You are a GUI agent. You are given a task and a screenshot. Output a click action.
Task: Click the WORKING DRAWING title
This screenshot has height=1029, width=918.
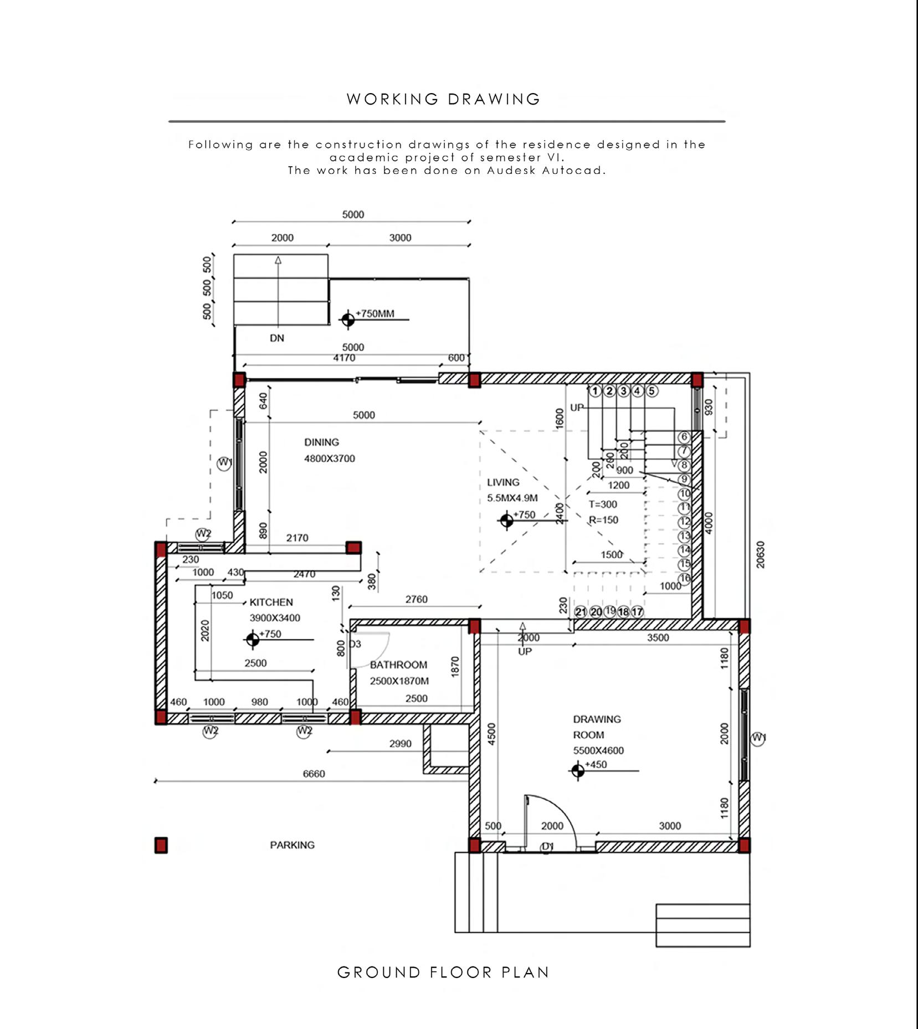[x=443, y=99]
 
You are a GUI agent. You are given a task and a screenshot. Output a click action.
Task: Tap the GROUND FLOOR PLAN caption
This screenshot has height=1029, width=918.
[x=443, y=973]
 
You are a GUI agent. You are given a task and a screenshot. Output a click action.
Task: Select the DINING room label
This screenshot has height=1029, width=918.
[x=321, y=442]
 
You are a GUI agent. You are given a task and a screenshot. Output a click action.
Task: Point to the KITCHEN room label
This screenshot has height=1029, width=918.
[x=271, y=602]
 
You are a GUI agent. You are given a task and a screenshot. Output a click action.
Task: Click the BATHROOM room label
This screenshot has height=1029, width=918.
[x=398, y=665]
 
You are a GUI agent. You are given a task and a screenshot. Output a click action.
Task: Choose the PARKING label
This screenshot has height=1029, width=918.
[x=292, y=845]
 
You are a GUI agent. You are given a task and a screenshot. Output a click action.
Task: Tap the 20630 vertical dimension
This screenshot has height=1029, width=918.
[x=760, y=554]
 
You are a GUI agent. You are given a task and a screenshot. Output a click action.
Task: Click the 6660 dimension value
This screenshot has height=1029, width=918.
[x=314, y=774]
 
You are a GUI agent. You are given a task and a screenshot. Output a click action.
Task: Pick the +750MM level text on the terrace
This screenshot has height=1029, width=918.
[x=375, y=313]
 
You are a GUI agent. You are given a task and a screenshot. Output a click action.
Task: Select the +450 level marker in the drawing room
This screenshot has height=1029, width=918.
[x=596, y=764]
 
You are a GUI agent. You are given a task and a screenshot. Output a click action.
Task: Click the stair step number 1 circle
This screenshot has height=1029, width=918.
[x=595, y=391]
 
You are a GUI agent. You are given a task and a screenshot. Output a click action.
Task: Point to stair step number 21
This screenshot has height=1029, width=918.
[x=581, y=612]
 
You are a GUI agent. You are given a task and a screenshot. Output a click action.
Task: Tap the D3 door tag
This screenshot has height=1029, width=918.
[x=355, y=644]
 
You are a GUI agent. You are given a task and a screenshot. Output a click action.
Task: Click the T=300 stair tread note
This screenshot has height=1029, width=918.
[x=603, y=505]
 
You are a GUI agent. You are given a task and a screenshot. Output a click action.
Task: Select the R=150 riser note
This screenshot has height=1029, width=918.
[x=603, y=520]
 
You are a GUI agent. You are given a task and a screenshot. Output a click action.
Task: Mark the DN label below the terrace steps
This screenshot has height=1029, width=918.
[x=277, y=338]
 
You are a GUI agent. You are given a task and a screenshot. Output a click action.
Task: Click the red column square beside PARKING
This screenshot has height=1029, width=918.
[x=161, y=845]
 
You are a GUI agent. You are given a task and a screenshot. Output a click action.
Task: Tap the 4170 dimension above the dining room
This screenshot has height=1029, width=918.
[x=344, y=358]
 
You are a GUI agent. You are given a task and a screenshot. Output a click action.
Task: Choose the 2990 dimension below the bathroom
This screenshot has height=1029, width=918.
[x=400, y=743]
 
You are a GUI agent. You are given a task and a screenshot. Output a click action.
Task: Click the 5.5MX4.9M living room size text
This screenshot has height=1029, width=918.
[x=512, y=498]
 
